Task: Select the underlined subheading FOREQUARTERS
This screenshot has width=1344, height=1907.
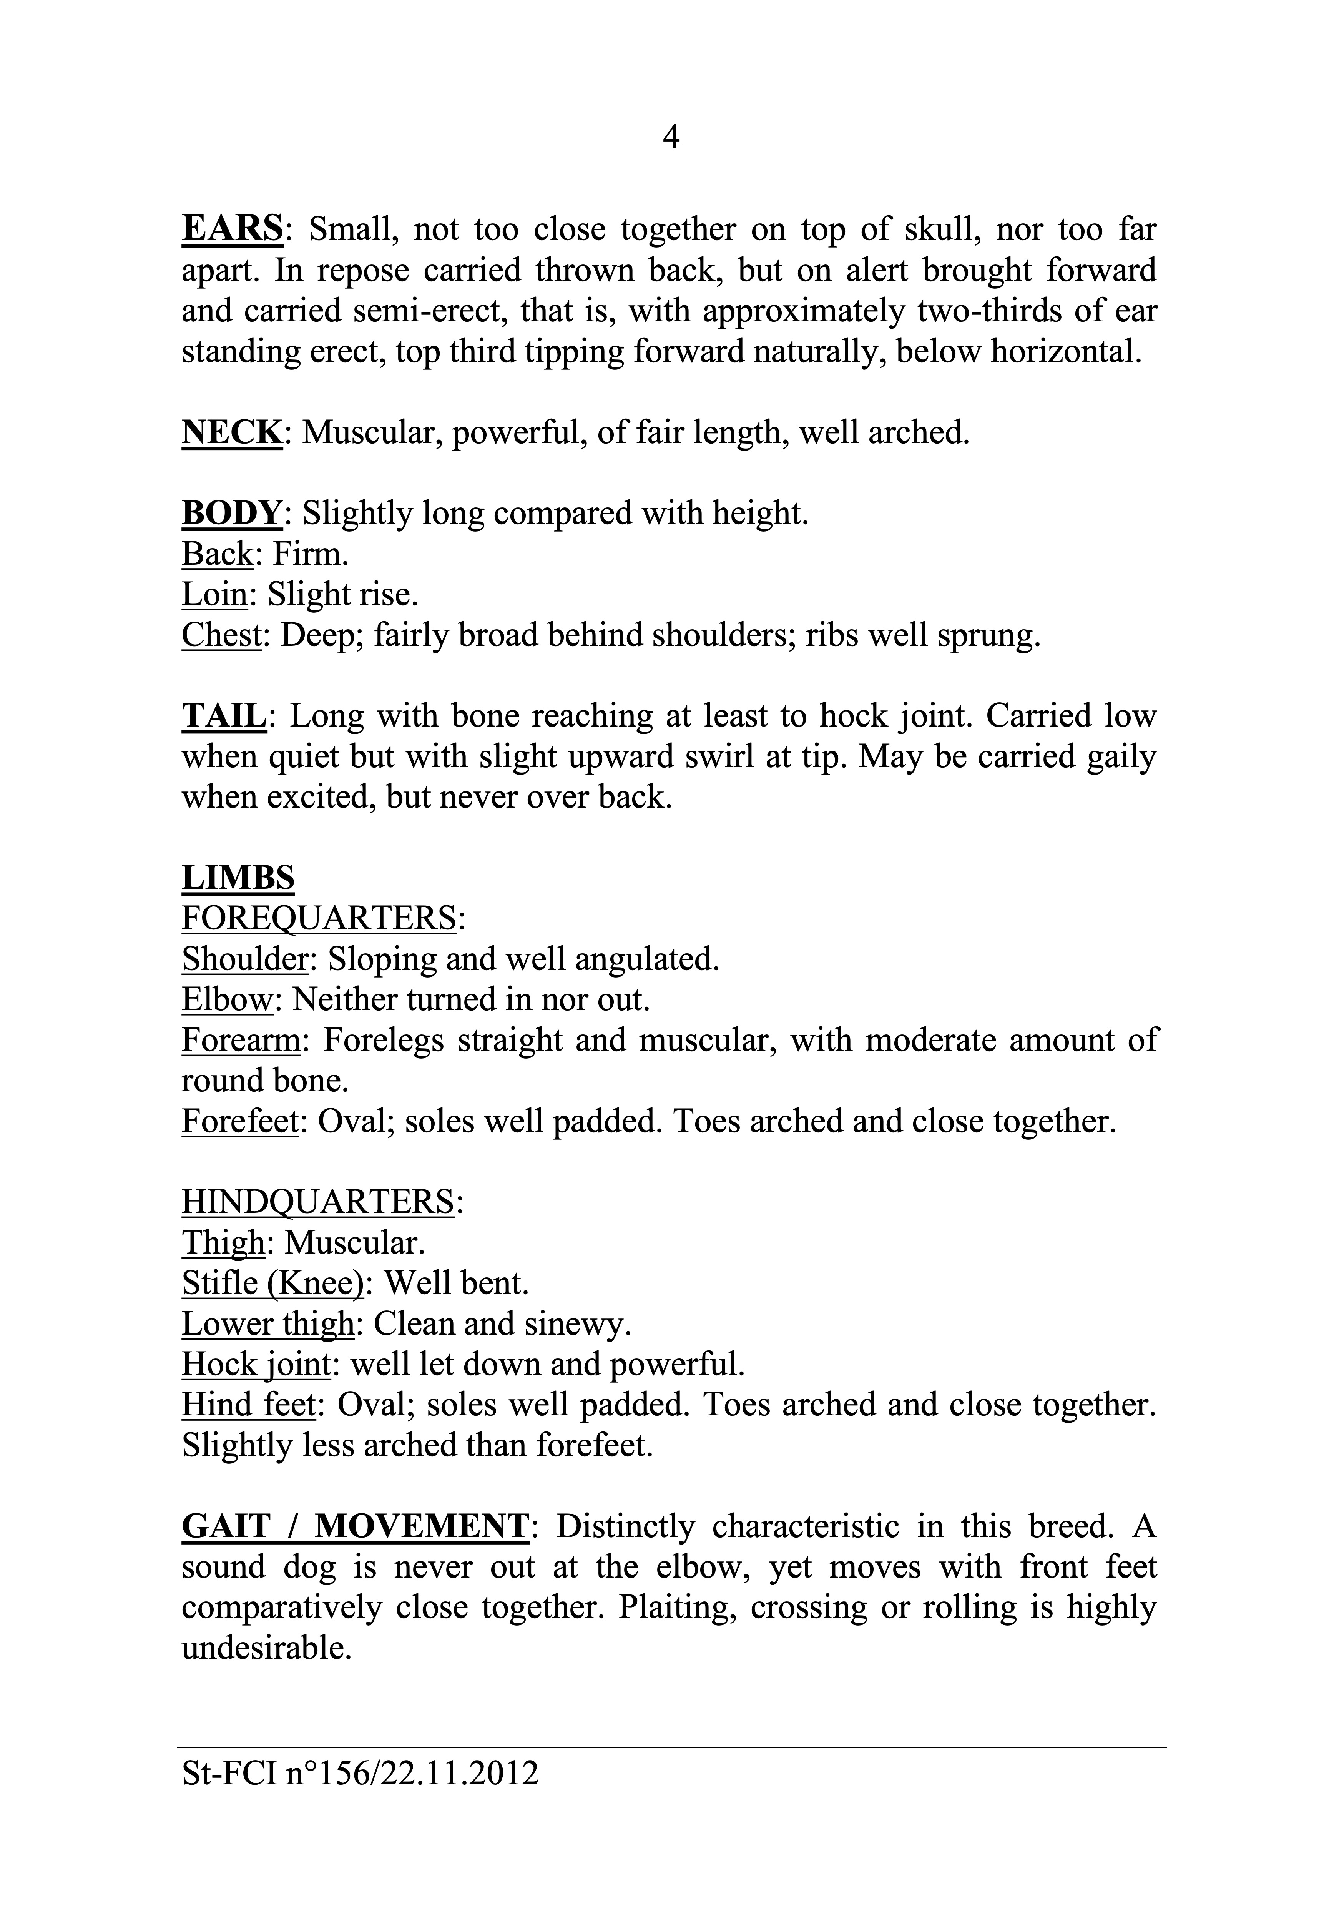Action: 319,919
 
